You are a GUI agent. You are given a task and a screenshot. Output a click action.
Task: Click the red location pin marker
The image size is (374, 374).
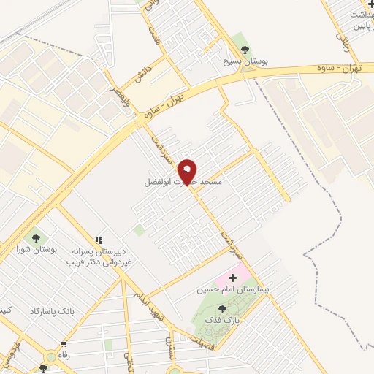pyautogui.click(x=188, y=171)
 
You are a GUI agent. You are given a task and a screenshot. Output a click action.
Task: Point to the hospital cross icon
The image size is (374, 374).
pyautogui.click(x=233, y=278)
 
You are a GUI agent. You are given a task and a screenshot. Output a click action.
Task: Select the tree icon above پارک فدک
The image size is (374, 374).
pyautogui.click(x=222, y=309)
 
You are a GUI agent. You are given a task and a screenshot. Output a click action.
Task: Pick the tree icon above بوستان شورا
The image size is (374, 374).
pyautogui.click(x=35, y=237)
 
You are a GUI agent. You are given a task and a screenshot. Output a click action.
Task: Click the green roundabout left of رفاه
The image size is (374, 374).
pyautogui.click(x=50, y=357)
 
